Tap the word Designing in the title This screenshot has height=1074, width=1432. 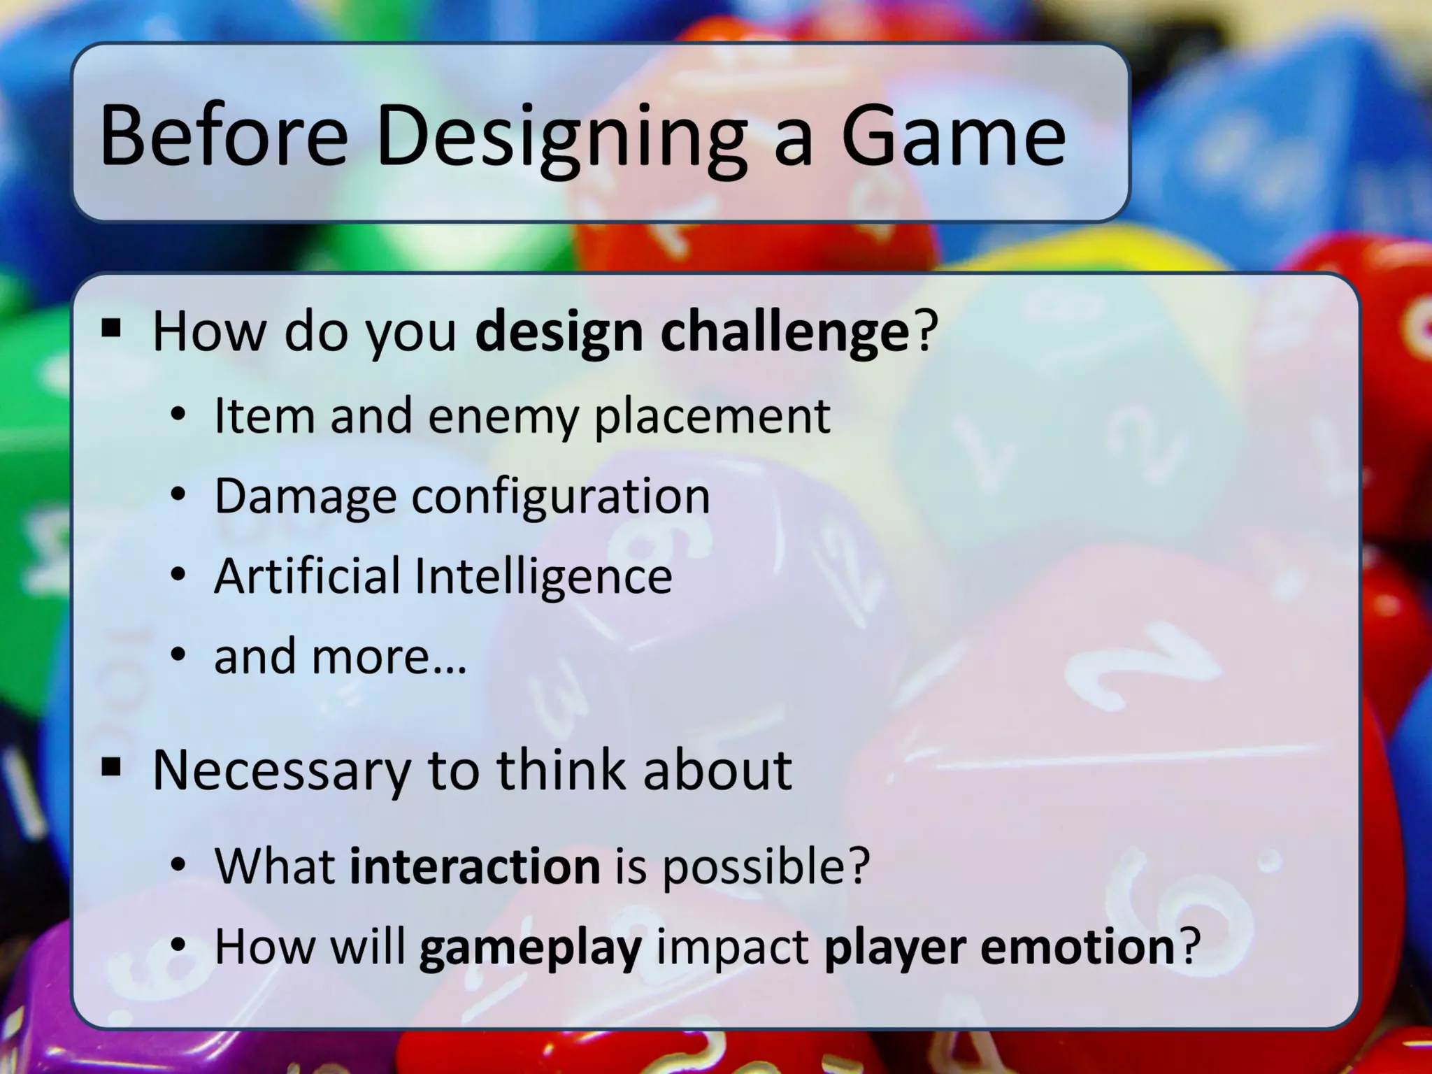(x=559, y=136)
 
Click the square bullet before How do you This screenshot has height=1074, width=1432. (x=111, y=327)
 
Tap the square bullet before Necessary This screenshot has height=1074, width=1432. (x=111, y=767)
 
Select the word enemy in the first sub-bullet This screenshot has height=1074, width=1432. (x=503, y=417)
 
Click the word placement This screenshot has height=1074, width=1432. (x=711, y=417)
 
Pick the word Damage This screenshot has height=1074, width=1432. (x=306, y=497)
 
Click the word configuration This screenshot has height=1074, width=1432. (x=560, y=497)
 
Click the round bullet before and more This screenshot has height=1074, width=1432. (x=179, y=656)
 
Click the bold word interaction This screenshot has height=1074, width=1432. (x=475, y=866)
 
